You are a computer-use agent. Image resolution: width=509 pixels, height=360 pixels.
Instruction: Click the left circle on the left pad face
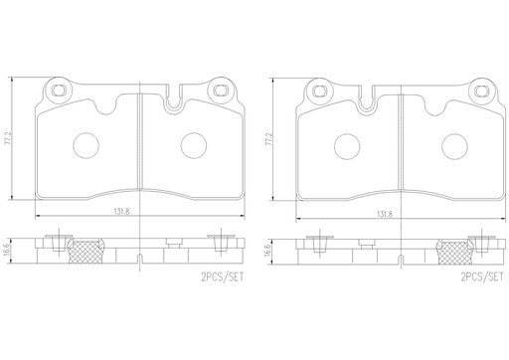(x=84, y=147)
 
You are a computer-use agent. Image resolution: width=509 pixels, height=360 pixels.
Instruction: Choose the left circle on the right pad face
(x=347, y=147)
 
